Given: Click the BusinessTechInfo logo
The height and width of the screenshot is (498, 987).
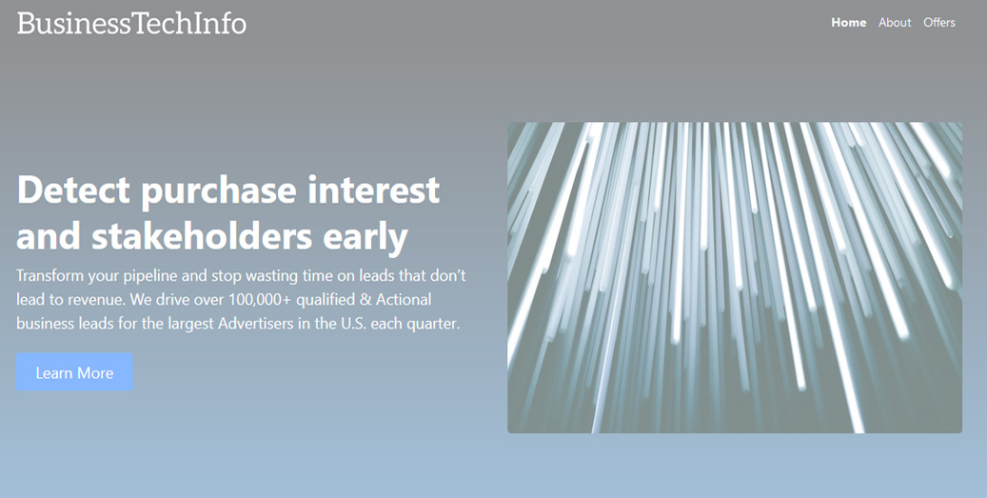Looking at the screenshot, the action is click(x=131, y=23).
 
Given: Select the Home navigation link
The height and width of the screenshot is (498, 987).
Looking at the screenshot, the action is click(x=849, y=23).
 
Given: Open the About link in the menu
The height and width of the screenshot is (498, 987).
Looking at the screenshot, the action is click(x=895, y=23).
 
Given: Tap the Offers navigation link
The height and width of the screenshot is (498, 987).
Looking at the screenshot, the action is click(x=939, y=23).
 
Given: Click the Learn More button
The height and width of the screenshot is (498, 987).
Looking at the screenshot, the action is click(x=74, y=372).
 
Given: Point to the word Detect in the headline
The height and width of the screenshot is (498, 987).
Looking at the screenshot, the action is click(x=73, y=189).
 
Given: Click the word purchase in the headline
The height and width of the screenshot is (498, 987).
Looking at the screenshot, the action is click(x=219, y=191).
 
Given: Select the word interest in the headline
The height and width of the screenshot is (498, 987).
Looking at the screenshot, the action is click(x=373, y=189).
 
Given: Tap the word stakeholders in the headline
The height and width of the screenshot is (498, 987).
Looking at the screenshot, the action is click(x=202, y=236).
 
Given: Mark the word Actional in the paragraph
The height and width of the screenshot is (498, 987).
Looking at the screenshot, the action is click(x=404, y=299).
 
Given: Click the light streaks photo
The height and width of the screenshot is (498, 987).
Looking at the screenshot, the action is click(x=735, y=278).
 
